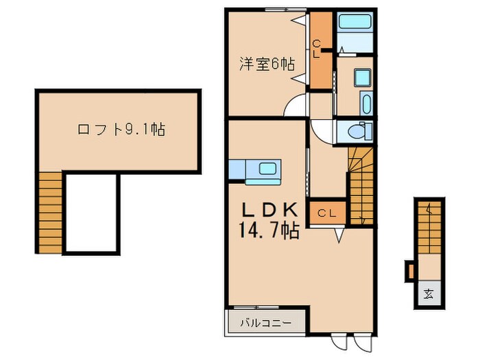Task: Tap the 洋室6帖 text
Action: tap(267, 65)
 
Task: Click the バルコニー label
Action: tap(265, 321)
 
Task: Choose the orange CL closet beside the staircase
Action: tap(326, 213)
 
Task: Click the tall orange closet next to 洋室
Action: tap(320, 51)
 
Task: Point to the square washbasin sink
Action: tap(363, 77)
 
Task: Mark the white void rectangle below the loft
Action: tap(92, 213)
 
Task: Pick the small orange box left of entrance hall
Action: tap(411, 271)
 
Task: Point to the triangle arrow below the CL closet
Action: tap(339, 235)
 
